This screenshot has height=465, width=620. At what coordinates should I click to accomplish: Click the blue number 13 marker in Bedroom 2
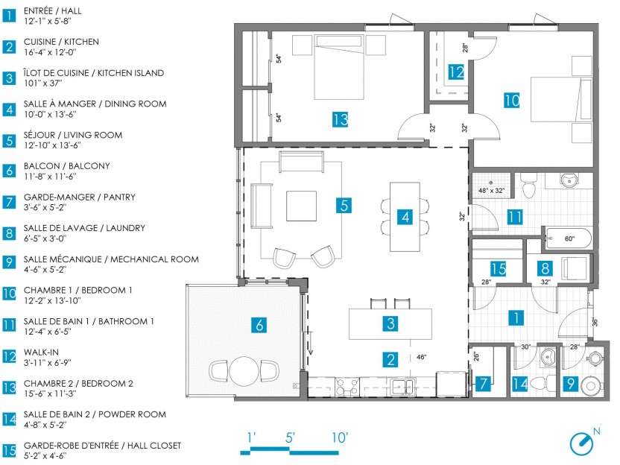point(340,119)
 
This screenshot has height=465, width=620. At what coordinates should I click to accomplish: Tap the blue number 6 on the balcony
point(259,325)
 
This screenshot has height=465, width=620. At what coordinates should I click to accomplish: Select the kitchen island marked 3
point(390,324)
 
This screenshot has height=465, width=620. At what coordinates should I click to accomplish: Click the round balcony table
point(244,371)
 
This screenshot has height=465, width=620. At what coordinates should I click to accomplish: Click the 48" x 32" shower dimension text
point(491,191)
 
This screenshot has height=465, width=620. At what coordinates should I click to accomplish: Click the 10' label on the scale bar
point(339,437)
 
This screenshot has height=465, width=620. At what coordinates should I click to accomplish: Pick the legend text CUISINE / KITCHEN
point(61,42)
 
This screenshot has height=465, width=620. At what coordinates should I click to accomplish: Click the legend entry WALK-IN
point(41,352)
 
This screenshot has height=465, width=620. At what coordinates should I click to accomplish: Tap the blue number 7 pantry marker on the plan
point(483,383)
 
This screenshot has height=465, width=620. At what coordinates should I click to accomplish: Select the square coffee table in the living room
point(301,206)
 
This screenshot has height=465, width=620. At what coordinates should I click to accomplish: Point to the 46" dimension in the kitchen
point(422,357)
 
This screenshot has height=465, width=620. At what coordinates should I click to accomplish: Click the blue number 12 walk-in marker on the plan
point(456,72)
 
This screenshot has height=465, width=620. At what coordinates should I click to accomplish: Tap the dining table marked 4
point(405,217)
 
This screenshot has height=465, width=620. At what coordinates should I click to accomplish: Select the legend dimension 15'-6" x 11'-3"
point(50,393)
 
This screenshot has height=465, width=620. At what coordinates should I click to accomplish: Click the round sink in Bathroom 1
point(569,180)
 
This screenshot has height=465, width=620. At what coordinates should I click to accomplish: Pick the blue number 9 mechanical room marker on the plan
point(570,383)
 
